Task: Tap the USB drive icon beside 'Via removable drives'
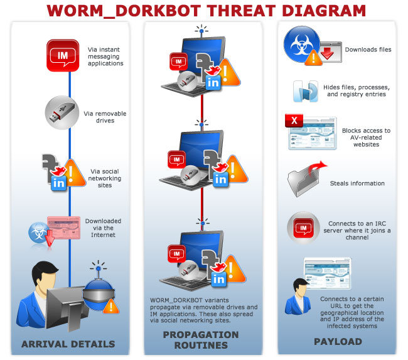[61, 112]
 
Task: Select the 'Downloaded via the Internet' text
[103, 227]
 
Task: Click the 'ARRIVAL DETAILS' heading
[68, 344]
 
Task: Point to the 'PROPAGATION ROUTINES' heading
[201, 339]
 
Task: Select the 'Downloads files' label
[368, 49]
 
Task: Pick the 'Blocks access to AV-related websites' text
[365, 138]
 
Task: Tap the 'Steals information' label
[357, 183]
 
